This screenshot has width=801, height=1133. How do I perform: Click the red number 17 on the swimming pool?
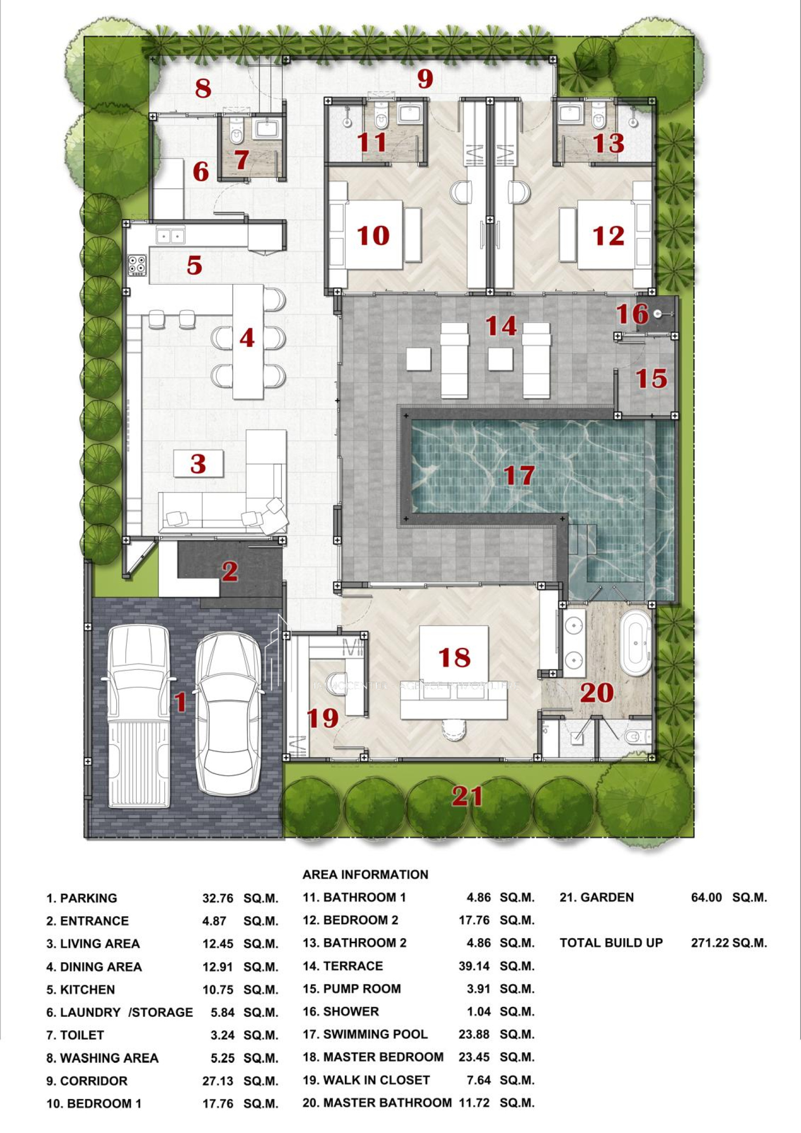click(x=519, y=475)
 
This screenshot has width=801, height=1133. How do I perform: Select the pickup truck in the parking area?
click(x=139, y=716)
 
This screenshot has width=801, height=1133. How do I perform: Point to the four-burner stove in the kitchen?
click(x=137, y=265)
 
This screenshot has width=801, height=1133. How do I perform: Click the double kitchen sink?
click(x=170, y=235)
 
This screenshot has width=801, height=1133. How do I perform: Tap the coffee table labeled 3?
click(x=198, y=463)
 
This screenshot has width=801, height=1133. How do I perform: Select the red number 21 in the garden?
click(x=467, y=796)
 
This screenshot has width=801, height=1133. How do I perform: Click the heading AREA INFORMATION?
click(x=365, y=874)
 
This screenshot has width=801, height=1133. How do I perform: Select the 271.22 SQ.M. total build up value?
click(x=729, y=943)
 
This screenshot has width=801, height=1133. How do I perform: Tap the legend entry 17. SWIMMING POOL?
click(x=365, y=1034)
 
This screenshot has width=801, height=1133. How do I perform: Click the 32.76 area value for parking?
click(x=218, y=898)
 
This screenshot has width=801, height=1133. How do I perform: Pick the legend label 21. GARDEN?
click(x=597, y=897)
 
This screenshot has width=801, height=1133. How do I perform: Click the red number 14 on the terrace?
click(x=501, y=326)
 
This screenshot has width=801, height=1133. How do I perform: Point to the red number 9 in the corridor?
click(x=425, y=79)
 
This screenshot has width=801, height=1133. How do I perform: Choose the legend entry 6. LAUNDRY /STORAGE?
click(x=120, y=1012)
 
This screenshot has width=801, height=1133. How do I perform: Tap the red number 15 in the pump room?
click(x=651, y=379)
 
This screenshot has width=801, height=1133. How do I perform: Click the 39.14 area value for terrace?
click(x=474, y=966)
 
